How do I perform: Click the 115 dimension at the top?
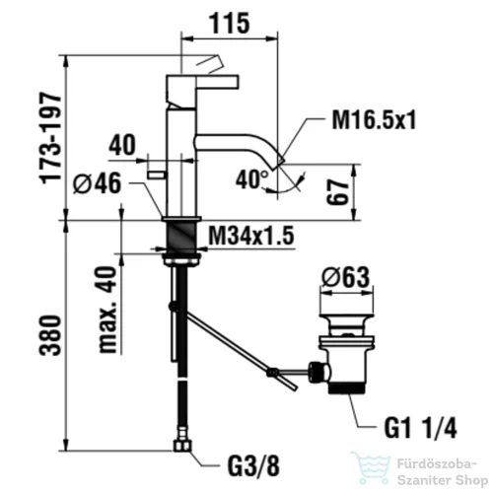click(230, 24)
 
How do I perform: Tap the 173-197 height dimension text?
click(50, 138)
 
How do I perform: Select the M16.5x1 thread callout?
click(374, 119)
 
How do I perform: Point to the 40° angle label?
click(252, 179)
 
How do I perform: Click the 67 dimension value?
click(337, 192)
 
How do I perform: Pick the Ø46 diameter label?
click(98, 183)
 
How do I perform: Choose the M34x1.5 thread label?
click(251, 236)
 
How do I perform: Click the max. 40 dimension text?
click(107, 310)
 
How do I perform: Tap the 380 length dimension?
click(50, 335)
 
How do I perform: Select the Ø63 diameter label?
click(345, 276)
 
